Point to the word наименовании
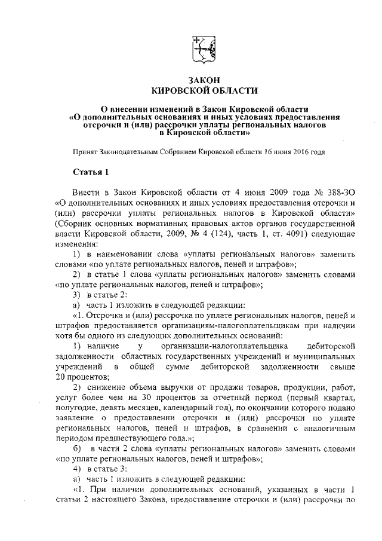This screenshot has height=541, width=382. [119, 254]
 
